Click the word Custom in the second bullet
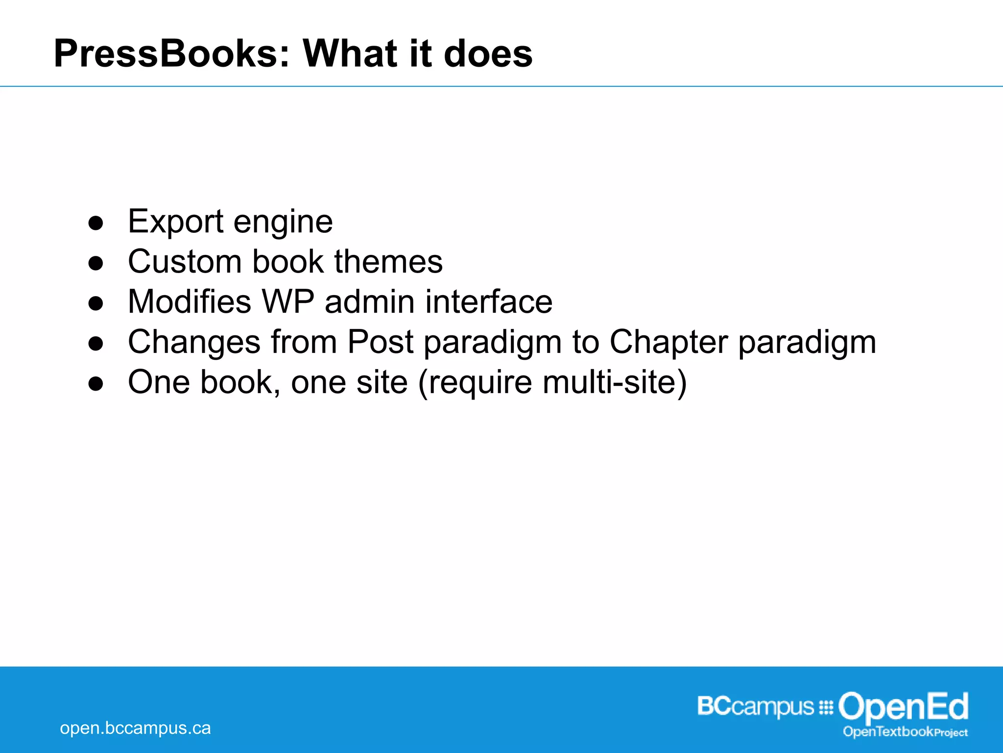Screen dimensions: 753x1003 pos(185,261)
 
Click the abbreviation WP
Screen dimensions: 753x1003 pos(287,301)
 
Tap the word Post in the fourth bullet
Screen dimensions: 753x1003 pos(381,342)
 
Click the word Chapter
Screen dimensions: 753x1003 pos(669,342)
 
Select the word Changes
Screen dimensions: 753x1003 pos(194,342)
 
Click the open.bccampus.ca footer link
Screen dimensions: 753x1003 pos(135,728)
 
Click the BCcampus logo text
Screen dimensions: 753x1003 pos(755,707)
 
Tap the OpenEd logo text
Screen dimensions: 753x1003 pos(903,706)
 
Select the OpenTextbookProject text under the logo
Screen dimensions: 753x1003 pos(905,732)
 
